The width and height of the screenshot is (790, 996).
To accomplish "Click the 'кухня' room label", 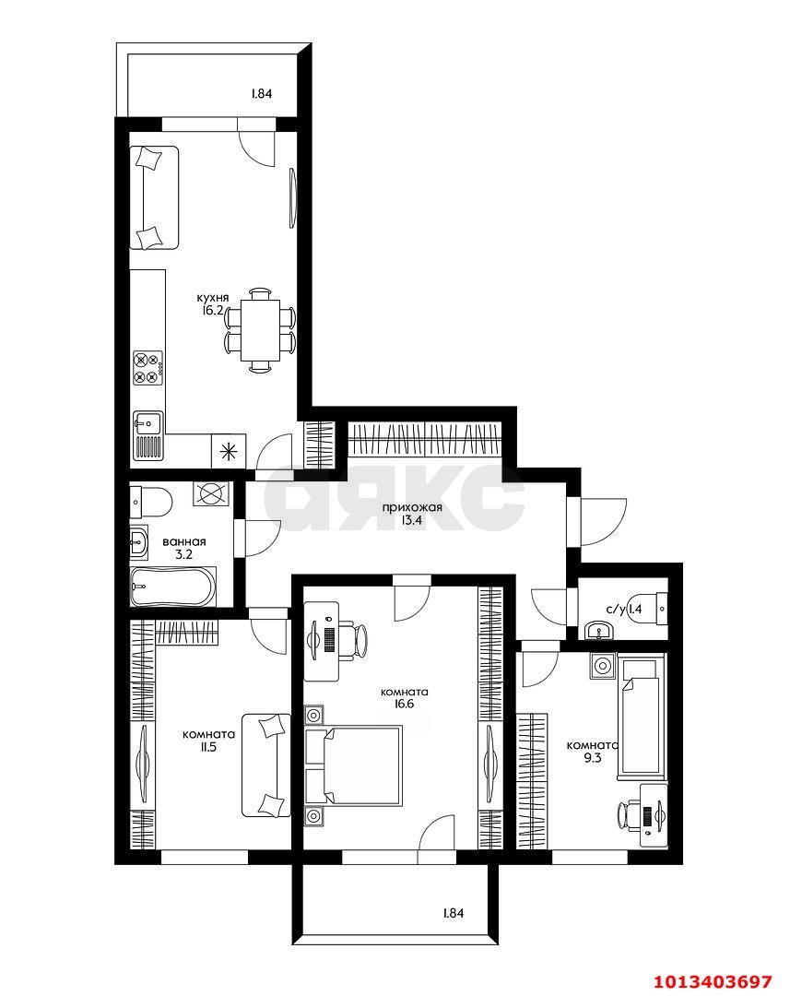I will pyautogui.click(x=211, y=298).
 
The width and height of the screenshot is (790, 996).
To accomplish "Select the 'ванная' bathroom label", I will pyautogui.click(x=183, y=542).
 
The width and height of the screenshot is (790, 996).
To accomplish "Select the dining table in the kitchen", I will pyautogui.click(x=261, y=330).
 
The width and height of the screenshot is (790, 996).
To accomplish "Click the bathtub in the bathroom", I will pyautogui.click(x=173, y=587).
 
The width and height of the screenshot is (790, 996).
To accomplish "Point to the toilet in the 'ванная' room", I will pyautogui.click(x=150, y=502).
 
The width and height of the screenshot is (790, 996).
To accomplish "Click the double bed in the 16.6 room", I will pyautogui.click(x=353, y=765).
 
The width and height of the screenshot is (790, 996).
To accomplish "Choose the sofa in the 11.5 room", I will pyautogui.click(x=265, y=765).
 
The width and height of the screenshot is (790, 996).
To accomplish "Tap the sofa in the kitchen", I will pyautogui.click(x=153, y=197).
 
